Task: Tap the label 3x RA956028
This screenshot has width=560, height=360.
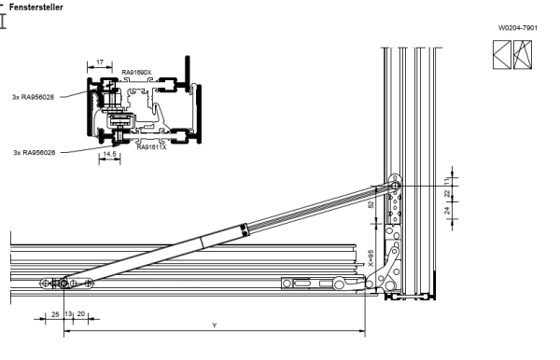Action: tap(34, 95)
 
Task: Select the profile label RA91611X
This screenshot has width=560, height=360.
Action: tap(151, 146)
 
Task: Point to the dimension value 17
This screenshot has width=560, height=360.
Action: tap(101, 62)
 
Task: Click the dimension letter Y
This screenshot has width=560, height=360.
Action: tap(216, 325)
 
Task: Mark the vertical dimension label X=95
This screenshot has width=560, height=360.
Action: tap(371, 256)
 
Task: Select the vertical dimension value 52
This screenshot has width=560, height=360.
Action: tap(371, 203)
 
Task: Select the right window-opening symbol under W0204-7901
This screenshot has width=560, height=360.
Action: tap(523, 53)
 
